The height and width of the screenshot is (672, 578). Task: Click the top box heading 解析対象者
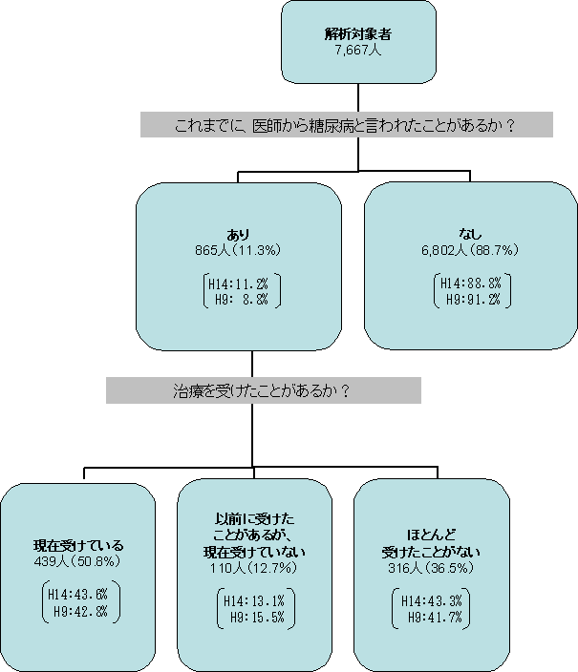358,34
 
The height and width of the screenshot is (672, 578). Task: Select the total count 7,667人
358,50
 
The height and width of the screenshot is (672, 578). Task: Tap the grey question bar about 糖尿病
347,125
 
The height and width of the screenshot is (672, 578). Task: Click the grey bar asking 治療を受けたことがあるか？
263,389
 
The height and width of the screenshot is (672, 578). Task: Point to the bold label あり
238,235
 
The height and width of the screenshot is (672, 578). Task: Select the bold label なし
470,235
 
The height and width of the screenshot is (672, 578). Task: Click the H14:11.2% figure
238,284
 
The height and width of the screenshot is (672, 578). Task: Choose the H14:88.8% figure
471,283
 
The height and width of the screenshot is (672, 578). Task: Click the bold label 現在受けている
77,546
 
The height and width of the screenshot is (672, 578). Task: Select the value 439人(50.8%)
77,561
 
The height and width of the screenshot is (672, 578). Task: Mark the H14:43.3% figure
430,600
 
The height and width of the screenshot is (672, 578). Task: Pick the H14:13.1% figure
253,600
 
